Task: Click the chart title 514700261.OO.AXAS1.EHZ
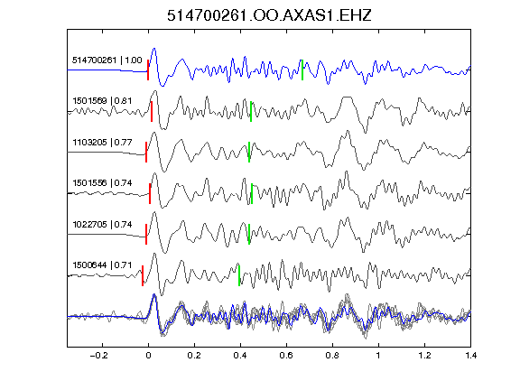pyautogui.click(x=269, y=15)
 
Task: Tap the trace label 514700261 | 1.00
pyautogui.click(x=107, y=60)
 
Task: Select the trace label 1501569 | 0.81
pyautogui.click(x=102, y=101)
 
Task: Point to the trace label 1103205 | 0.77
pyautogui.click(x=102, y=143)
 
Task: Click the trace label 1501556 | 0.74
pyautogui.click(x=102, y=183)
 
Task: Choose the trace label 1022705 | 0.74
pyautogui.click(x=102, y=225)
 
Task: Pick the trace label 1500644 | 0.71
pyautogui.click(x=102, y=265)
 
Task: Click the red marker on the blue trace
pyautogui.click(x=148, y=70)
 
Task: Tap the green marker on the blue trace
pyautogui.click(x=302, y=70)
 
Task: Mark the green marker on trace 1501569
pyautogui.click(x=251, y=111)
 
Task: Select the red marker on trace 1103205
pyautogui.click(x=146, y=153)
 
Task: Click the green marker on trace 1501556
pyautogui.click(x=252, y=194)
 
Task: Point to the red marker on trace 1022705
pyautogui.click(x=146, y=235)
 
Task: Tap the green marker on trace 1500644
pyautogui.click(x=239, y=275)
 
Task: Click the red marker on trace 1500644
pyautogui.click(x=143, y=275)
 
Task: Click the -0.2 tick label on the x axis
pyautogui.click(x=99, y=356)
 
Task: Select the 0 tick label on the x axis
pyautogui.click(x=148, y=356)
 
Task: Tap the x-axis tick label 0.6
pyautogui.click(x=286, y=356)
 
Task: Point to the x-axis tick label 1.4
pyautogui.click(x=470, y=356)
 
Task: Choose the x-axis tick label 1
pyautogui.click(x=378, y=356)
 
